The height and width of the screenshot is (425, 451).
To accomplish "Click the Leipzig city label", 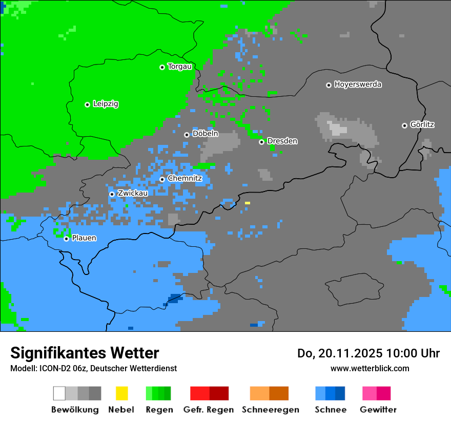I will click(106, 104).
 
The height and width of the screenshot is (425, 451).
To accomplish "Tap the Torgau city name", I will click(180, 67).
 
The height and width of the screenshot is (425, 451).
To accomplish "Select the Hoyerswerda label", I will click(358, 84).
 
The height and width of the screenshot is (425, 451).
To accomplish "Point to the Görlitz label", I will click(422, 124).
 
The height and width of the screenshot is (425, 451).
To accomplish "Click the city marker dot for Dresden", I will click(261, 142).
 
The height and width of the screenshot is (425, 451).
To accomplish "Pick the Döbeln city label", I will click(205, 134).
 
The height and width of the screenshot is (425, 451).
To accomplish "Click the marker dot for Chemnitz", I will click(162, 179).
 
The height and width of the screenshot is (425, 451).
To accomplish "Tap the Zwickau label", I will click(133, 193).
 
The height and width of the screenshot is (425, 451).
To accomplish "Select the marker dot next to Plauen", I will click(66, 239).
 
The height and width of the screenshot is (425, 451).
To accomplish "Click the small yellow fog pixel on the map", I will click(248, 203).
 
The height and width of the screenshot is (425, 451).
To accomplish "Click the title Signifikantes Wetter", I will click(85, 353).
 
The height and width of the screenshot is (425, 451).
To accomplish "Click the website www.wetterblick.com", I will click(370, 368).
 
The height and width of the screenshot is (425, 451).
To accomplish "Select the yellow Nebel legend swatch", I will click(121, 393).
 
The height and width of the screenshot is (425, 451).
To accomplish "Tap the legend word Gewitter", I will click(378, 410).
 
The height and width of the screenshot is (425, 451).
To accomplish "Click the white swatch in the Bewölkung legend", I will click(59, 393).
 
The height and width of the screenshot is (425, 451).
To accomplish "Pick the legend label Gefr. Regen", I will click(209, 410).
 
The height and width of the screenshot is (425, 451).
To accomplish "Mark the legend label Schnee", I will click(331, 410).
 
